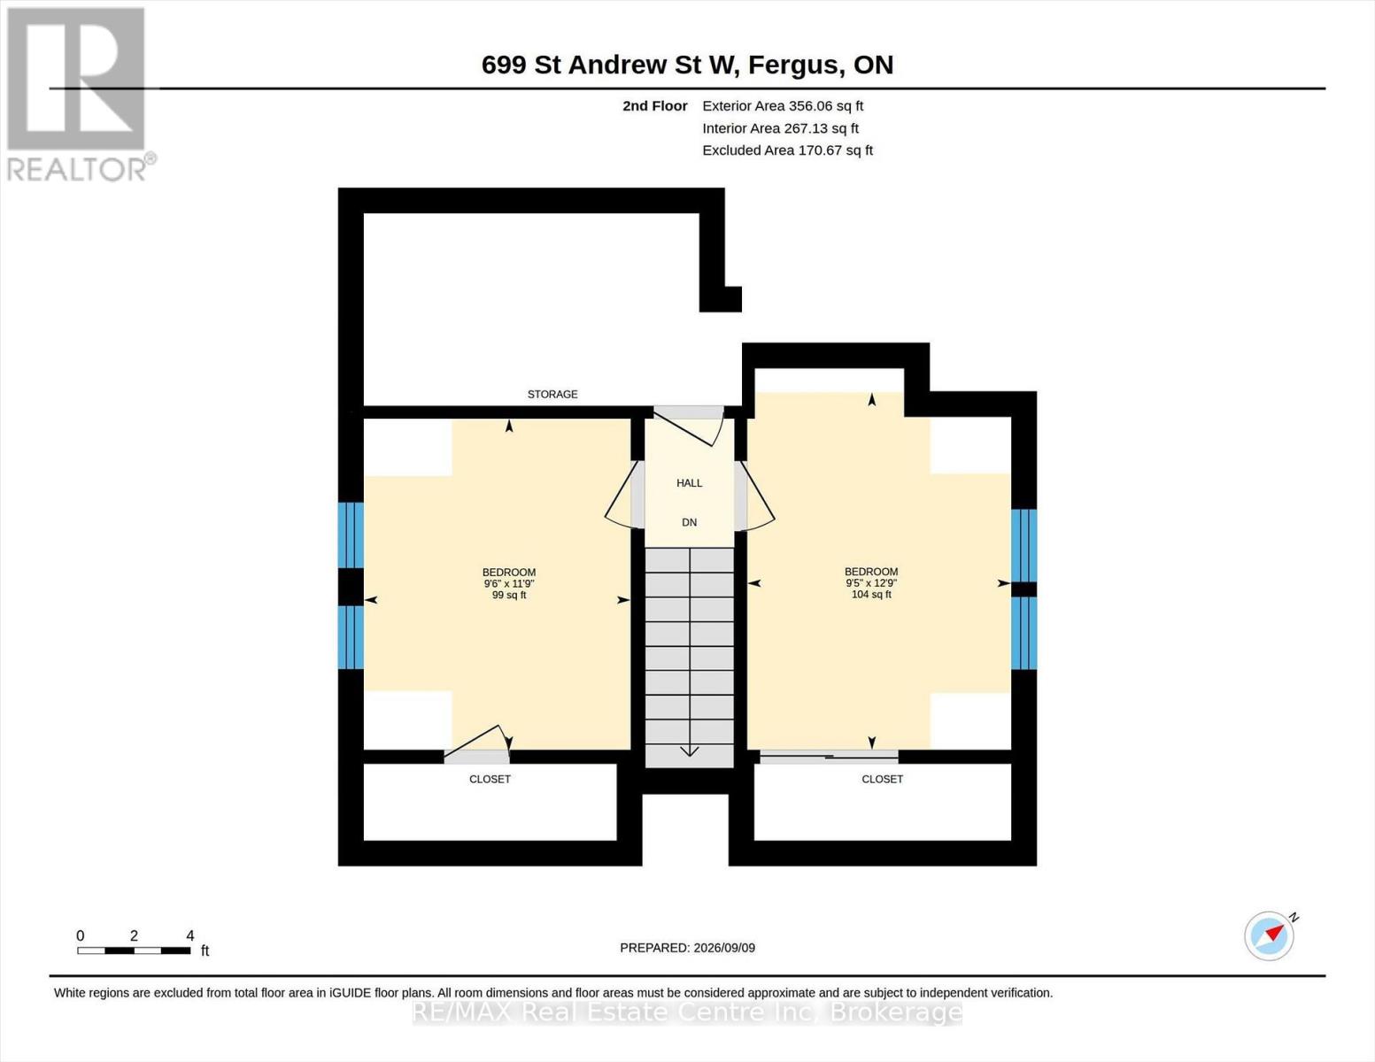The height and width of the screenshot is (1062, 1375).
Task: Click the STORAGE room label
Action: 552,394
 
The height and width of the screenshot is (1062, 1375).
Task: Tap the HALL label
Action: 689,483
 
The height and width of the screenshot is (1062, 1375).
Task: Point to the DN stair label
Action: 689,522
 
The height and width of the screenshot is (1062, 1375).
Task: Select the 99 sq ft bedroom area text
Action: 509,596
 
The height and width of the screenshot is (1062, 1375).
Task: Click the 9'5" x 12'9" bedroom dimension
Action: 871,583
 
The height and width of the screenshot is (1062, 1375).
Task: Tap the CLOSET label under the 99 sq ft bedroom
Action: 490,780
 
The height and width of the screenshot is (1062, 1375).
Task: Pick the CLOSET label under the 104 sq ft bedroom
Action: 882,780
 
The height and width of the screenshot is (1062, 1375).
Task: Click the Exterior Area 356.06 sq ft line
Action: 783,106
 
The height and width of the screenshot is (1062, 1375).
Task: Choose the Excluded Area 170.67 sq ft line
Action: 787,150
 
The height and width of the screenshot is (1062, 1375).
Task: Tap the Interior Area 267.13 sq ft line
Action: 780,128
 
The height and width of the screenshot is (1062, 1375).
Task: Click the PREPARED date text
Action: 687,948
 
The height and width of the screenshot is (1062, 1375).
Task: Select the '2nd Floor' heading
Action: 654,106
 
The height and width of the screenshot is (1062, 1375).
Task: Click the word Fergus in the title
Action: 795,65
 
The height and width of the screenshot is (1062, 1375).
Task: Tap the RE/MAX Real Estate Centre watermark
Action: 687,1012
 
